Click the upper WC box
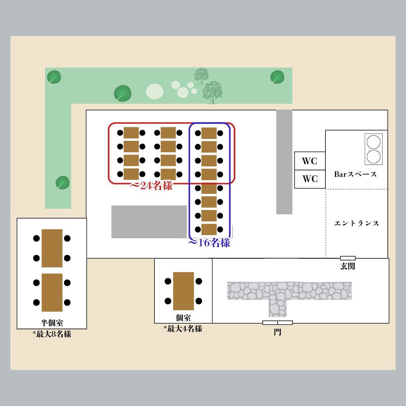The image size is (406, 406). [x=310, y=161]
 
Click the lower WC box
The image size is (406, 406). [x=310, y=179]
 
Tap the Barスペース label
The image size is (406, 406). [x=355, y=174]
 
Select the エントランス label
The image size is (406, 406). [x=357, y=223]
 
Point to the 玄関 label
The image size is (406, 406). [x=348, y=266]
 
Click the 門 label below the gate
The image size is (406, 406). [x=278, y=332]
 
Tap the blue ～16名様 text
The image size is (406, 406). [x=209, y=243]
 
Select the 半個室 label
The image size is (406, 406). [x=52, y=323]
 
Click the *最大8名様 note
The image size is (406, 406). [x=52, y=334]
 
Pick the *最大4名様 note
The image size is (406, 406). [x=183, y=329]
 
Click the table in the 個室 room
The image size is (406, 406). [x=183, y=291]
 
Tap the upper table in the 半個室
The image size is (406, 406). [x=52, y=248]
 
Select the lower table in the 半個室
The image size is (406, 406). [x=52, y=292]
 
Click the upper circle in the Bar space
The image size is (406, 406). [x=373, y=142]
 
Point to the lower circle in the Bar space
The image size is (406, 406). [x=373, y=157]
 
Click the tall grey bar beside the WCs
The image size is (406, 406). [x=284, y=162]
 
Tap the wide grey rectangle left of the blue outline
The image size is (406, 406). [x=149, y=222]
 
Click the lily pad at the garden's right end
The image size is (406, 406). [x=277, y=77]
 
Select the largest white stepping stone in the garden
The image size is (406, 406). [x=154, y=91]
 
